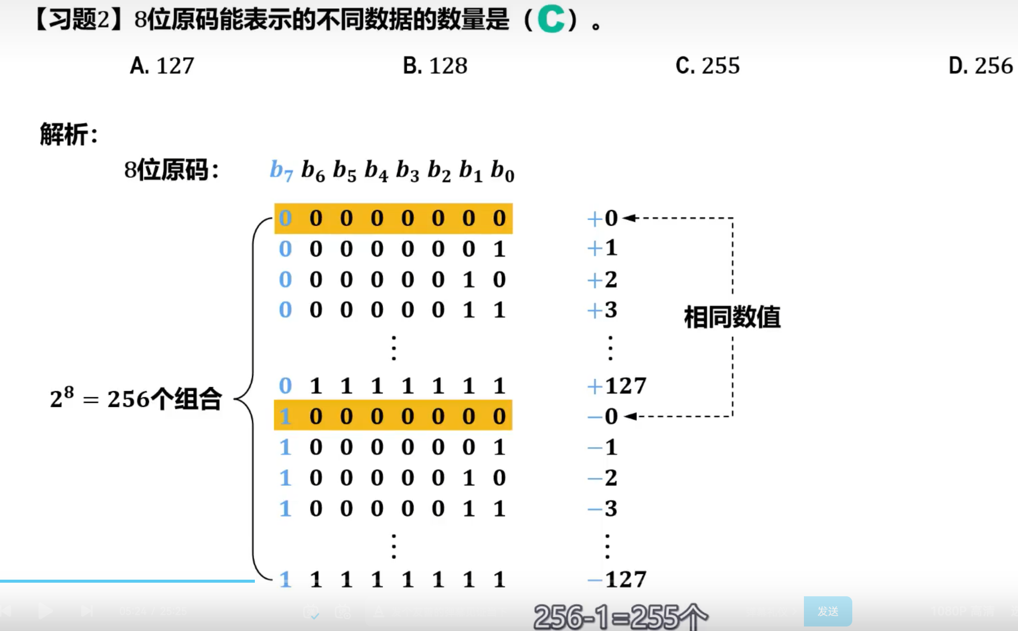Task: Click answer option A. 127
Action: pyautogui.click(x=162, y=66)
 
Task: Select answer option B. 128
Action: pyautogui.click(x=435, y=66)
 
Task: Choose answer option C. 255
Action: pyautogui.click(x=707, y=66)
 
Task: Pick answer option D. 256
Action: pyautogui.click(x=980, y=66)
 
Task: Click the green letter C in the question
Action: pyautogui.click(x=551, y=20)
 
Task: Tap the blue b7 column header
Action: pyautogui.click(x=281, y=171)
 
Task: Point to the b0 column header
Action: pyautogui.click(x=502, y=171)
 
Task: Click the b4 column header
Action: pyautogui.click(x=376, y=171)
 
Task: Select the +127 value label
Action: pyautogui.click(x=617, y=386)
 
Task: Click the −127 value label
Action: pyautogui.click(x=617, y=579)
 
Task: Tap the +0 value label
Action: pyautogui.click(x=602, y=218)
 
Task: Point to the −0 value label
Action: pyautogui.click(x=602, y=417)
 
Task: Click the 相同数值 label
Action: pyautogui.click(x=732, y=318)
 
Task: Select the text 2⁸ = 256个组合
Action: pyautogui.click(x=135, y=399)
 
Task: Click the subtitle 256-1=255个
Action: pyautogui.click(x=621, y=617)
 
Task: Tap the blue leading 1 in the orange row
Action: pyautogui.click(x=285, y=417)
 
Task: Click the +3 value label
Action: pyautogui.click(x=602, y=310)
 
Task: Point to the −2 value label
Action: pyautogui.click(x=602, y=478)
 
